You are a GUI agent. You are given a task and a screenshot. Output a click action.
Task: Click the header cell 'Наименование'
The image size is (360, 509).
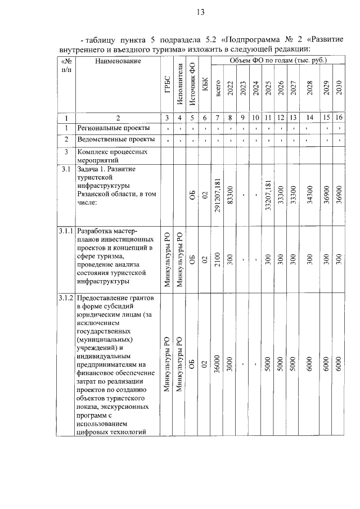[118, 61]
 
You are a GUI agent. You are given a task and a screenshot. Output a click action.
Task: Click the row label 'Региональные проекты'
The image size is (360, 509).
[110, 129]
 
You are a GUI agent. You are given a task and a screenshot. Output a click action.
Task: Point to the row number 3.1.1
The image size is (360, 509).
[66, 231]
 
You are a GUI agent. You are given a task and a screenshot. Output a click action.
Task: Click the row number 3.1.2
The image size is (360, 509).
[66, 298]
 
